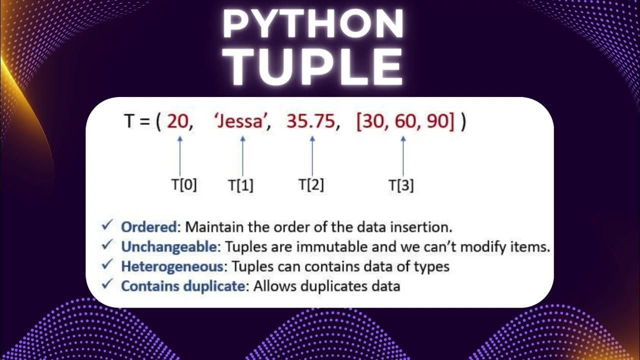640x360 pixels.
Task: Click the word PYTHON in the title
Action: (313, 24)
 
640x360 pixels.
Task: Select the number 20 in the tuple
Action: (177, 122)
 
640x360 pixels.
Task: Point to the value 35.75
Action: (310, 122)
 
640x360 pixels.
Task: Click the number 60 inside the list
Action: (405, 122)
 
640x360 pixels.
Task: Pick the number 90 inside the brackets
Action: (438, 122)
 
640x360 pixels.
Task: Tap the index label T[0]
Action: (184, 185)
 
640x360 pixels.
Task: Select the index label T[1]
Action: (241, 185)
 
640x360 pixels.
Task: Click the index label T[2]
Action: (311, 185)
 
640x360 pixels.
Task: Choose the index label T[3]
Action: (401, 185)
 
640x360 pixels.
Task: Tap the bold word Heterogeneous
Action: (175, 266)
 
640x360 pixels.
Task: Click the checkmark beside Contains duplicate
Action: (107, 285)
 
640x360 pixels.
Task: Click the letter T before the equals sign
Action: (129, 122)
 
